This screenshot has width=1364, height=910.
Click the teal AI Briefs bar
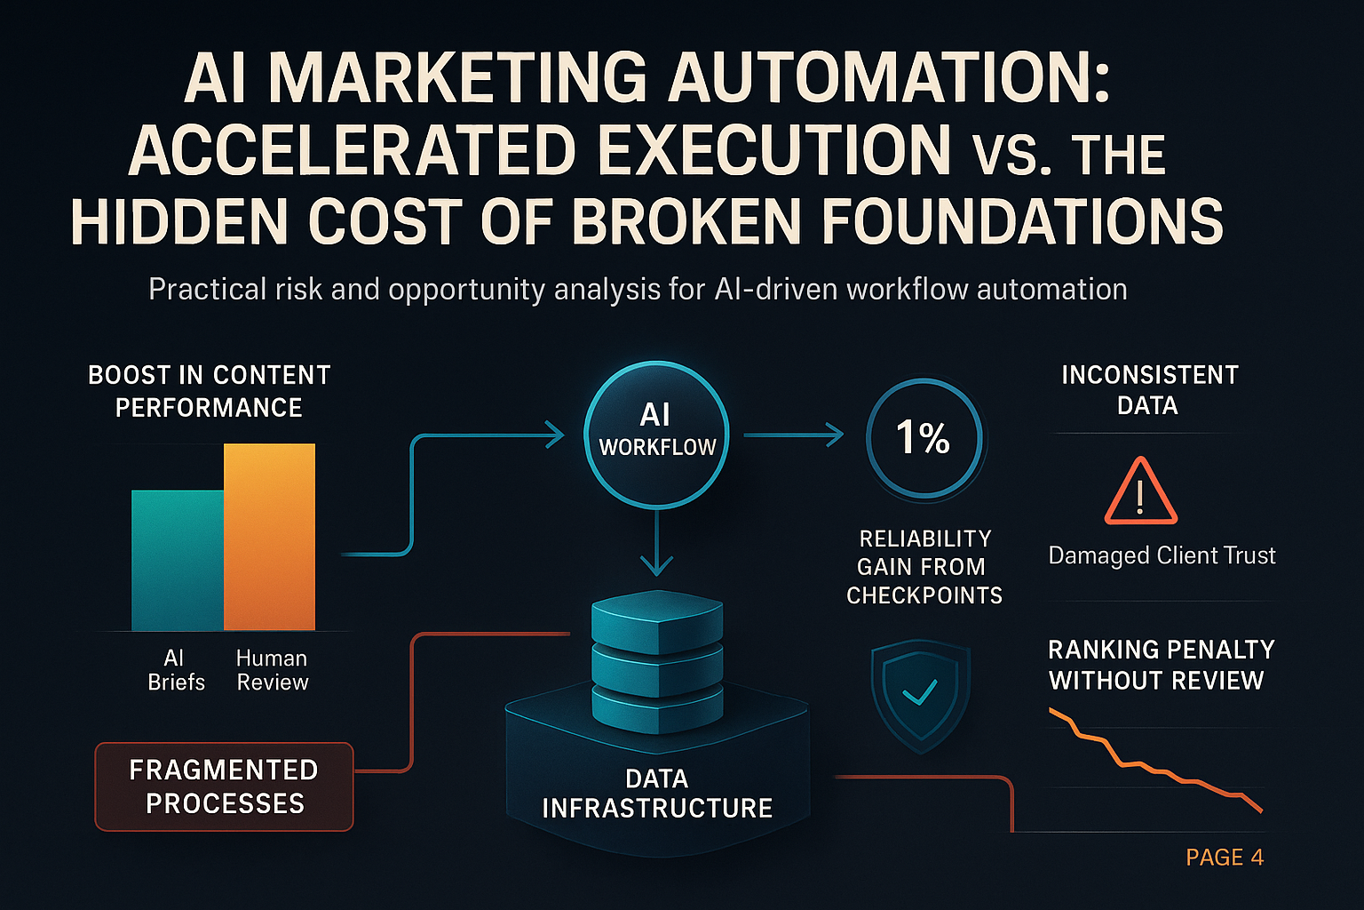pos(178,560)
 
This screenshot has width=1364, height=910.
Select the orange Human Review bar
pos(270,537)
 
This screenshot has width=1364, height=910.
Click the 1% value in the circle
pos(923,437)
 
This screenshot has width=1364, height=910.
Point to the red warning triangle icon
pos(1140,491)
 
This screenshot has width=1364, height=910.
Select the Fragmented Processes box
pos(224,786)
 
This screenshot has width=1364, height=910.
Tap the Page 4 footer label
pos(1225,857)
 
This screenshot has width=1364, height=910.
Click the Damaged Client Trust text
pos(1162,555)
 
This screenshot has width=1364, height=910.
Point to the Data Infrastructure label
pos(657,793)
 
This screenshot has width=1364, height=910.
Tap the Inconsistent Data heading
pos(1149,390)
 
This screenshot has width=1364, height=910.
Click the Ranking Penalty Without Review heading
pos(1162,665)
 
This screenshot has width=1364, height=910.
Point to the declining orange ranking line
pos(1154,763)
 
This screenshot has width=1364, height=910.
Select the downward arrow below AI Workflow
pos(656,542)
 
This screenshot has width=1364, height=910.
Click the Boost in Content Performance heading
pos(209,391)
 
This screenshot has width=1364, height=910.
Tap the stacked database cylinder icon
pos(657,662)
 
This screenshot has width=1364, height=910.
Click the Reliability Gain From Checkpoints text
pos(924,567)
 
